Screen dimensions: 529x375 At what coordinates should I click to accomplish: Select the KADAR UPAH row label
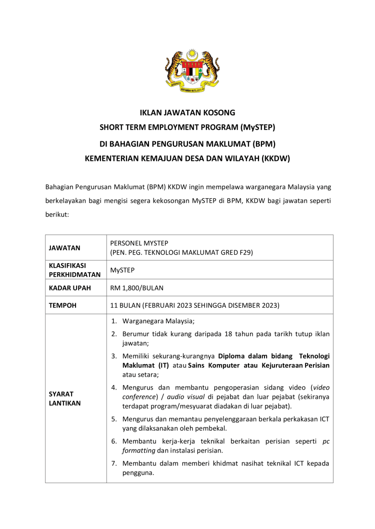[x=67, y=288]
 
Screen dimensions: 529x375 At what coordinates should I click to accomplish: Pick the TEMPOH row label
[x=62, y=305]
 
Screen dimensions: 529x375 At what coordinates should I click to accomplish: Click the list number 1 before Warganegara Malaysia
[x=113, y=321]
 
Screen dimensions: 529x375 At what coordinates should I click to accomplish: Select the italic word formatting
[x=141, y=451]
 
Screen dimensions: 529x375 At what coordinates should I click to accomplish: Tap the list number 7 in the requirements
[x=113, y=463]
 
